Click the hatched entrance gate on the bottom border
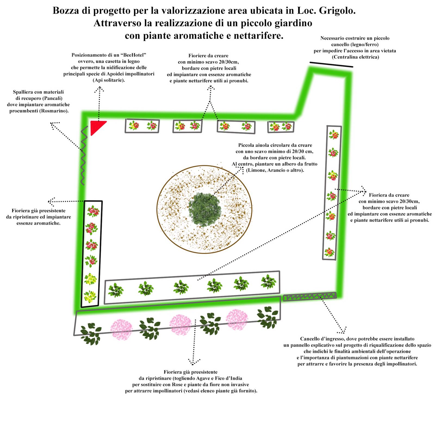click(310, 297)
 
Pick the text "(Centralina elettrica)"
click(355, 57)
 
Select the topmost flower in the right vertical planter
click(334, 135)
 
